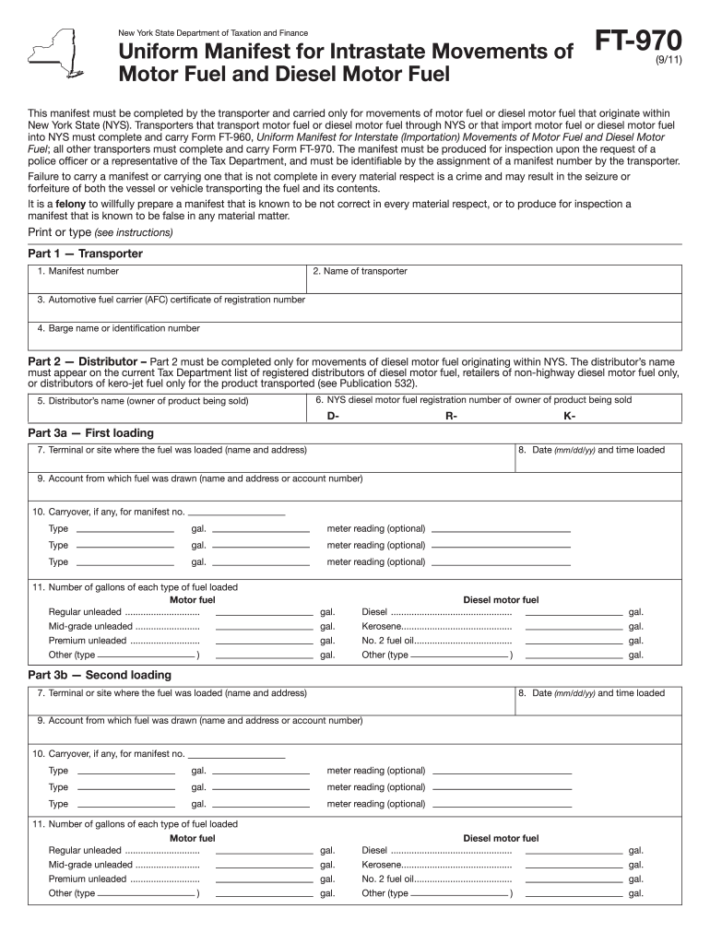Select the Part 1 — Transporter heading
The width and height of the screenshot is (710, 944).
coord(86,254)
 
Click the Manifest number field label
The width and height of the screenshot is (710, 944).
coord(78,272)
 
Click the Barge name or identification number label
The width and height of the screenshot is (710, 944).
coord(118,328)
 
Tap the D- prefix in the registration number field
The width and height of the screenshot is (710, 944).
coord(334,416)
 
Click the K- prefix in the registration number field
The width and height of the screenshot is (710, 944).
coord(569,416)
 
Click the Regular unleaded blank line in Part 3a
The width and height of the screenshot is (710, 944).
coord(264,614)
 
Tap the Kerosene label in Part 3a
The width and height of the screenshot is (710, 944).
coord(381,627)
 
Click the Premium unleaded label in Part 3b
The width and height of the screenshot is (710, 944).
coord(88,879)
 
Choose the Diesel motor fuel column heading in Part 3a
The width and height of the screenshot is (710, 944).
coord(501,600)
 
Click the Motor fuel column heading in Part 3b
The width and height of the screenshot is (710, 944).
coord(193,838)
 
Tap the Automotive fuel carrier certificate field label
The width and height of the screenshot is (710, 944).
coord(171,300)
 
